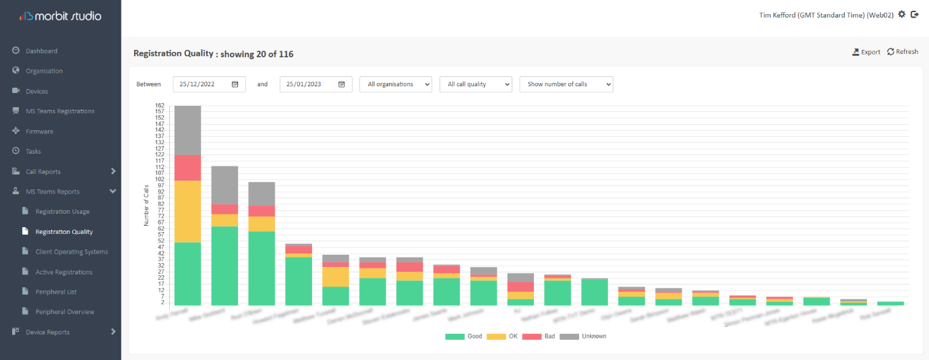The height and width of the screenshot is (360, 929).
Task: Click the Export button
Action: coord(866,52)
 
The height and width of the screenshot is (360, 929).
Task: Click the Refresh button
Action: coord(903,52)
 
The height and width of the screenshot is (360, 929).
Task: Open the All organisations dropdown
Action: coord(396,84)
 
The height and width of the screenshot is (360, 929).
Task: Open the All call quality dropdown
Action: coord(475,84)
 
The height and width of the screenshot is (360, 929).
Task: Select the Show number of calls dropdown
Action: coord(566,84)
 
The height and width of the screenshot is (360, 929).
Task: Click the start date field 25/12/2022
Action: coord(209,84)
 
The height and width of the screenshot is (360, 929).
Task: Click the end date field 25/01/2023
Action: coord(316,84)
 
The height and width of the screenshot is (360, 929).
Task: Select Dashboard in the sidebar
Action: coord(41,51)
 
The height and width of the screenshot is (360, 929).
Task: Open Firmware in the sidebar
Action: coord(39,131)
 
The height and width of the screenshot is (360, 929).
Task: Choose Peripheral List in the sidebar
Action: coord(55,292)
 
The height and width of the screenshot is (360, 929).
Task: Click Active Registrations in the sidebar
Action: coord(63,272)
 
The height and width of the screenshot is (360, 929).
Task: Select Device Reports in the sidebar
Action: coord(47,332)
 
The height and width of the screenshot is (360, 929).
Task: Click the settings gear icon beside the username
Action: coord(902,14)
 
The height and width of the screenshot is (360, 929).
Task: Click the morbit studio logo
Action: coord(61,16)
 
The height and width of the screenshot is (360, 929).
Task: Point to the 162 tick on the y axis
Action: coord(160,106)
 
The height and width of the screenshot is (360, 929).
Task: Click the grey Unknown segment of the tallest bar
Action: coord(187,130)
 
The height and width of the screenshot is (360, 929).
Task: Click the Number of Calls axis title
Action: coord(146,205)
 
